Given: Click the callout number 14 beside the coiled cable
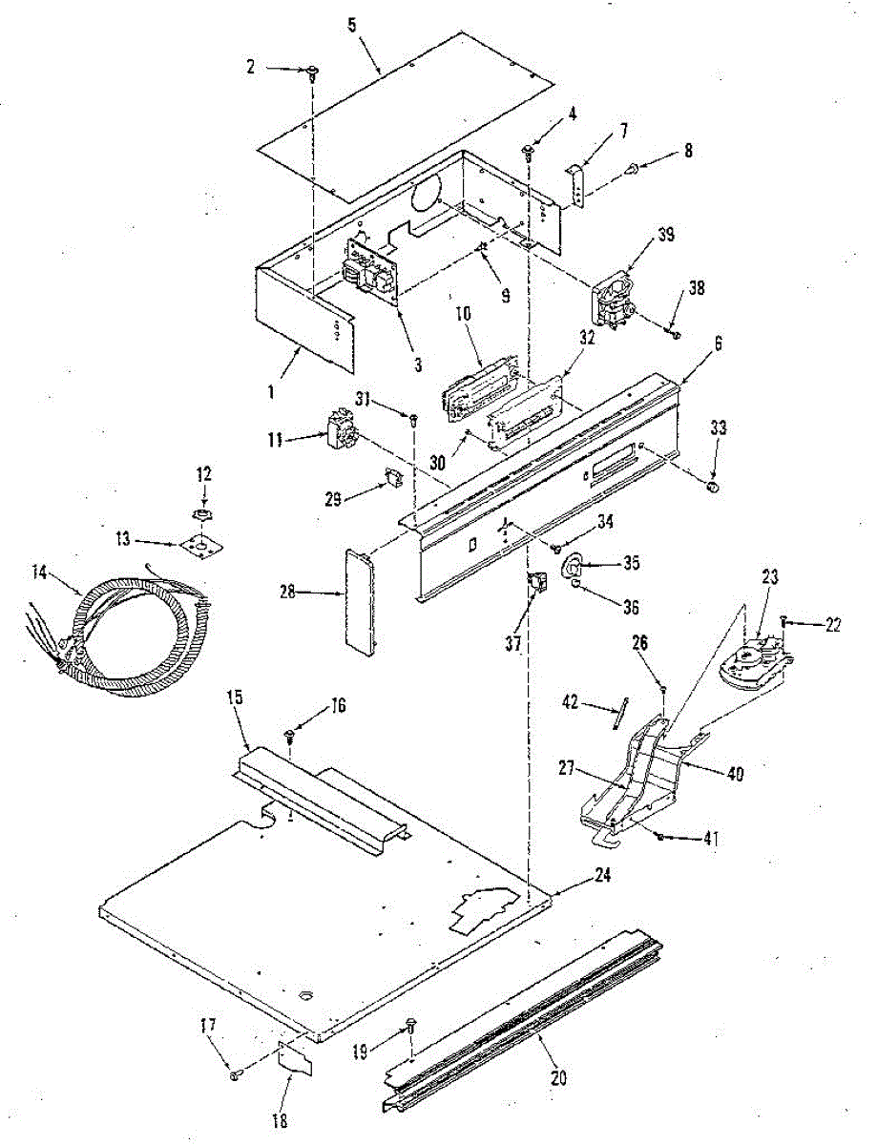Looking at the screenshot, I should point(39,572).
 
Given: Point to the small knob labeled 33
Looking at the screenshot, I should point(712,489).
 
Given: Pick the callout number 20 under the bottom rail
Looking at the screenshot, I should point(558,1078).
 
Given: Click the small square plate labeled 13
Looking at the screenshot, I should point(199,545).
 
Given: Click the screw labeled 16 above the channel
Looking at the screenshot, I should point(289,735).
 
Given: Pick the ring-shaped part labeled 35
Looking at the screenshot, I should point(571,565).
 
